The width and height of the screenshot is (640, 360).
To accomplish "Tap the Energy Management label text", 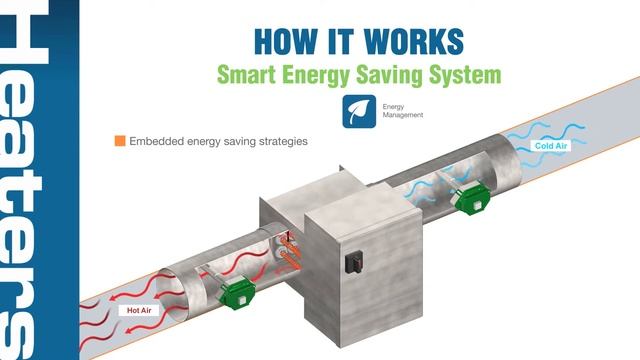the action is (403, 111).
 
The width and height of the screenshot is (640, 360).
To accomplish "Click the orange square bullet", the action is (120, 141).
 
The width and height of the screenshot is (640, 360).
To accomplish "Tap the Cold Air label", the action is (552, 146).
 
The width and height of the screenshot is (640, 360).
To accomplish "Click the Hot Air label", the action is (139, 310).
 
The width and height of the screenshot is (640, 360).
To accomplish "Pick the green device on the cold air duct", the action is (470, 198).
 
